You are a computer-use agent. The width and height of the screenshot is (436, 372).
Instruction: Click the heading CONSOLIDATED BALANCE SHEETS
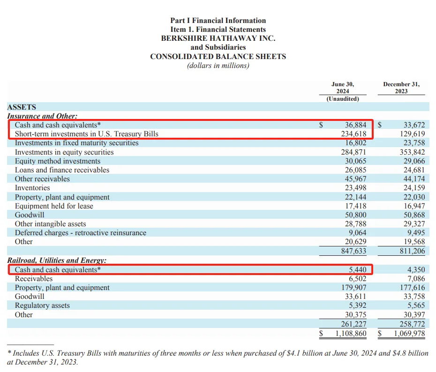218,57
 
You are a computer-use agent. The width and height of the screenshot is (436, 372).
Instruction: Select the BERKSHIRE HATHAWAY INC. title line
218,38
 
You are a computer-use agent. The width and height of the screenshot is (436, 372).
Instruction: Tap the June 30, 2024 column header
343,88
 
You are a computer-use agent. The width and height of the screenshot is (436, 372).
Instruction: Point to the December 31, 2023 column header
401,88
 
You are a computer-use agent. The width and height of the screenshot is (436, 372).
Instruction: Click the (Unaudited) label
343,99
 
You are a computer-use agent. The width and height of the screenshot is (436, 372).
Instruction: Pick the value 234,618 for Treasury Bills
355,134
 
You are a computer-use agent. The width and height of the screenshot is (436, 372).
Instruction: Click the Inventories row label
32,188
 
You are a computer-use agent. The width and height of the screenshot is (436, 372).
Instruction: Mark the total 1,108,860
350,334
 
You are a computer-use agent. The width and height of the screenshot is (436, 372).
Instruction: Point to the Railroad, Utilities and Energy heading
57,260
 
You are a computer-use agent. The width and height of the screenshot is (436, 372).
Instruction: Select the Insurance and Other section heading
42,116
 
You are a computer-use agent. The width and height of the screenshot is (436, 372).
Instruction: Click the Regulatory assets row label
42,305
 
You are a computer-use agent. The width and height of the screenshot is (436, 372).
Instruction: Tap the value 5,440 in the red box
357,270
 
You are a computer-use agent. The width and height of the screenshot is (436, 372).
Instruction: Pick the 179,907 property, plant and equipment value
355,288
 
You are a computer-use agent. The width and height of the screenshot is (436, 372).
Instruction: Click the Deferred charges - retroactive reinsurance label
81,233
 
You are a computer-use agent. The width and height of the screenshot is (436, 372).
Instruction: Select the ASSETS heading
22,107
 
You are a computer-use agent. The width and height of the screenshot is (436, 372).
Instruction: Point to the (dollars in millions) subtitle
218,66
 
